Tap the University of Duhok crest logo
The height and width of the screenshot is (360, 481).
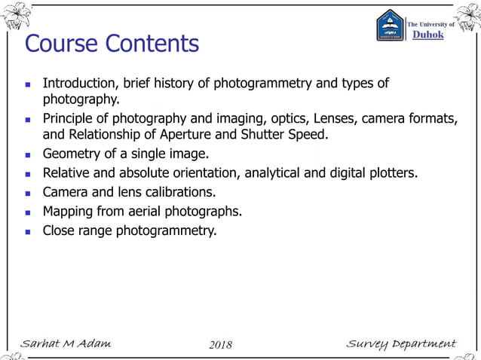click(391, 26)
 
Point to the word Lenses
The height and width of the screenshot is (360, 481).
click(343, 118)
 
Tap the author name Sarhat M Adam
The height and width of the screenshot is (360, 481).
click(66, 344)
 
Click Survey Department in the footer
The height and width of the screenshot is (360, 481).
click(400, 344)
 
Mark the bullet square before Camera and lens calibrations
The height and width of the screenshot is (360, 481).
click(28, 193)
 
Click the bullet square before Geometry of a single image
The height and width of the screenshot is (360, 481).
click(28, 155)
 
